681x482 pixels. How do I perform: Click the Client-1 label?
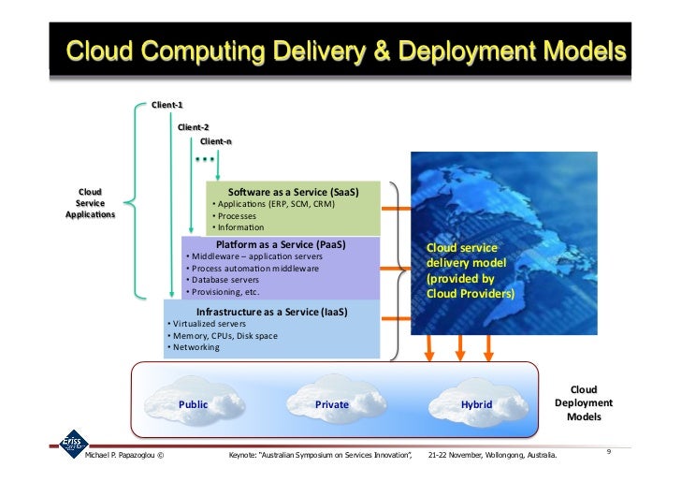(167, 105)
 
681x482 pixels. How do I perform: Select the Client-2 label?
(194, 125)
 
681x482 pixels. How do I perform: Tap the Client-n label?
(215, 141)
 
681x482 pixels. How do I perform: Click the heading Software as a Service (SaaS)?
(294, 192)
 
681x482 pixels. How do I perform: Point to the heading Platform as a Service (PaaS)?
(281, 245)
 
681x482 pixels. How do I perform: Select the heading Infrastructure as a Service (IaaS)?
(271, 312)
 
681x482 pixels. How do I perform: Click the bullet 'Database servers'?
(225, 280)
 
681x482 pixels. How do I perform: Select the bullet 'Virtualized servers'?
(204, 324)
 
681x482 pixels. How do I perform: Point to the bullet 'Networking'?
(194, 347)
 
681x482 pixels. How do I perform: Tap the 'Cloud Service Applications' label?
(90, 203)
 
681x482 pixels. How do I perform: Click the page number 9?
(608, 453)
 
